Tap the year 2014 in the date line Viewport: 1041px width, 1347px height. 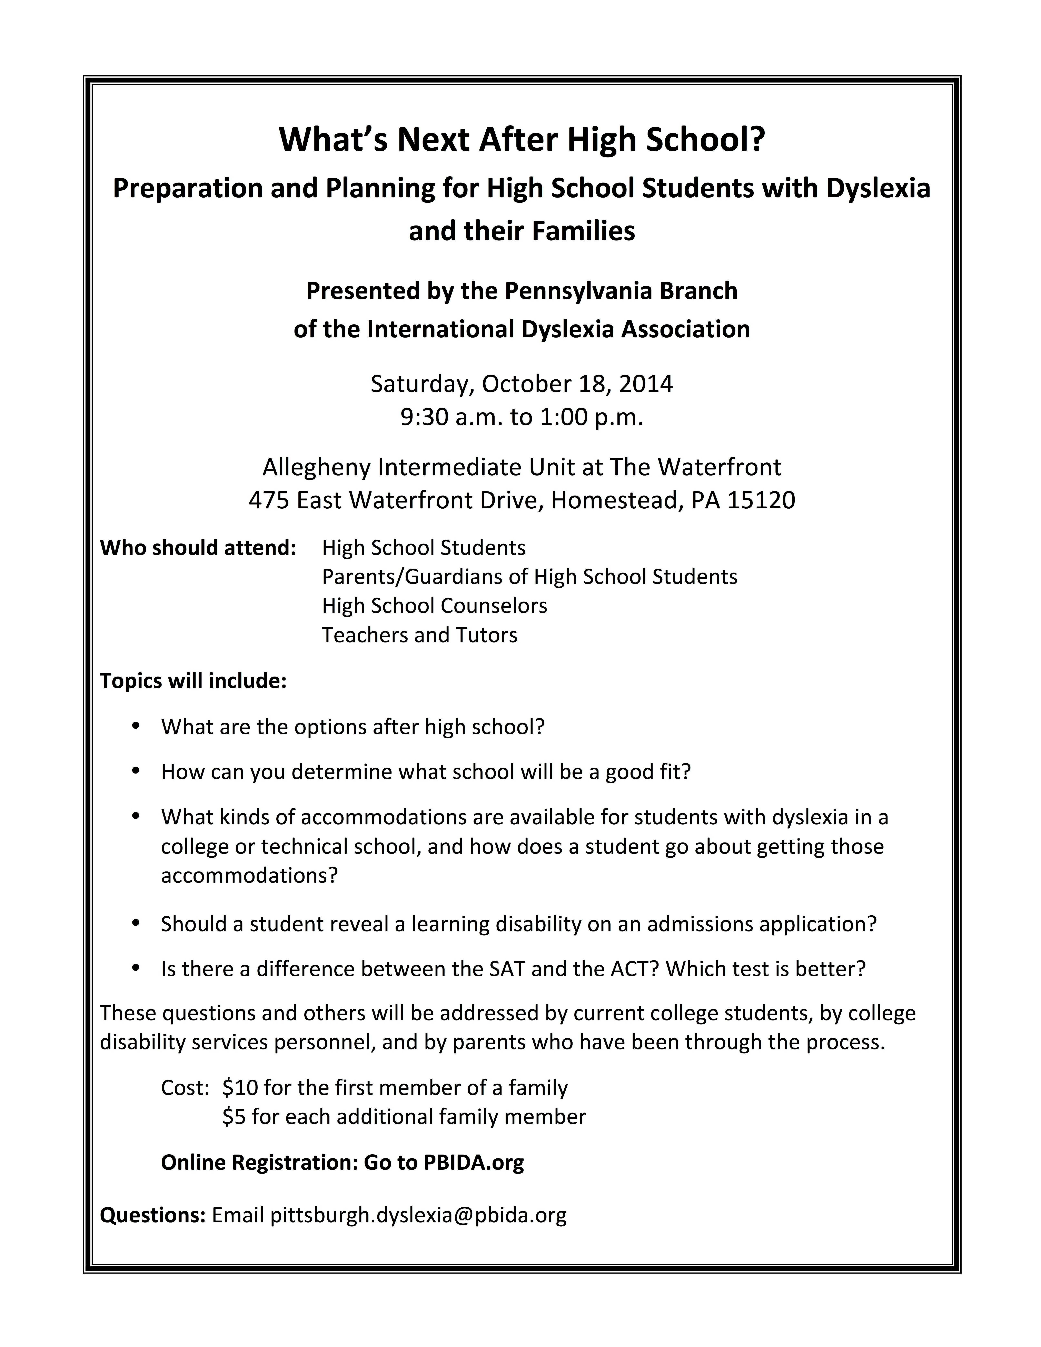coord(646,384)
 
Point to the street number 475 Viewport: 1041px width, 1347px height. coord(269,500)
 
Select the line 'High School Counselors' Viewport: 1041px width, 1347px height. coord(434,606)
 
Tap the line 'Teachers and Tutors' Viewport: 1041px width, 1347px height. coord(419,635)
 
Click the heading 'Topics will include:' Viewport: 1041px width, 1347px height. coord(193,681)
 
